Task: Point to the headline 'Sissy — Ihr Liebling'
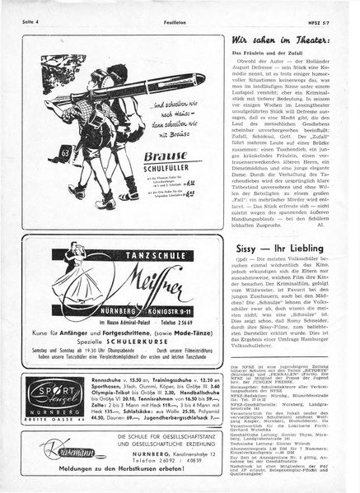coord(283,247)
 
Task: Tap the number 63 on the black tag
coord(64,153)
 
